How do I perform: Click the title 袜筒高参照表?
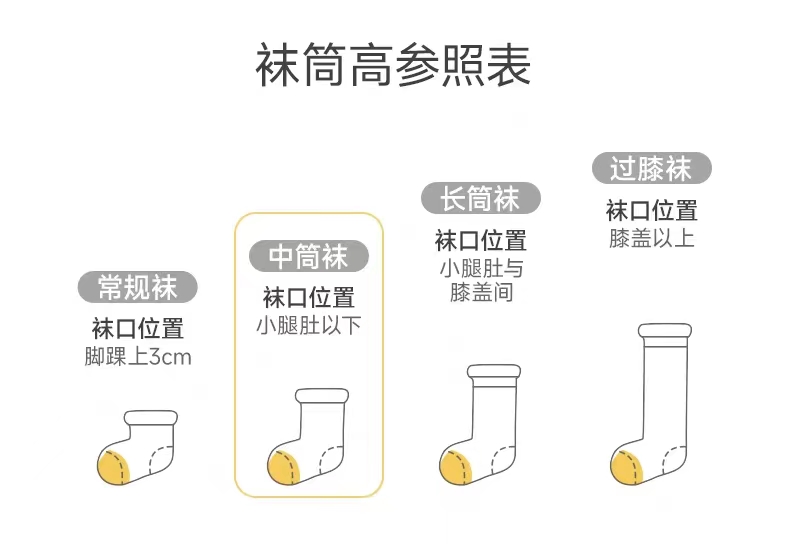click(x=393, y=66)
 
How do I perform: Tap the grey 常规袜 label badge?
click(x=138, y=288)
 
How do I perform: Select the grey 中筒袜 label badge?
click(x=308, y=257)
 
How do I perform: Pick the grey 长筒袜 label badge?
click(x=480, y=199)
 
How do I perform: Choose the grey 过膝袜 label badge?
click(x=651, y=168)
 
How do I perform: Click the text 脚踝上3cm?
click(x=138, y=357)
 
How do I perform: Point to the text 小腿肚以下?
click(x=308, y=325)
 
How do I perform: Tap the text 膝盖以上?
click(x=651, y=238)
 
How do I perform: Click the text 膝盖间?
click(x=480, y=294)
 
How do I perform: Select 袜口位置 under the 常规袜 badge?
click(x=138, y=329)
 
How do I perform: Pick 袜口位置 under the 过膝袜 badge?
click(x=651, y=211)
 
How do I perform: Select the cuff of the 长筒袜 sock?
click(x=493, y=375)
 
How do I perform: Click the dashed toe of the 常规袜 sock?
click(x=163, y=463)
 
